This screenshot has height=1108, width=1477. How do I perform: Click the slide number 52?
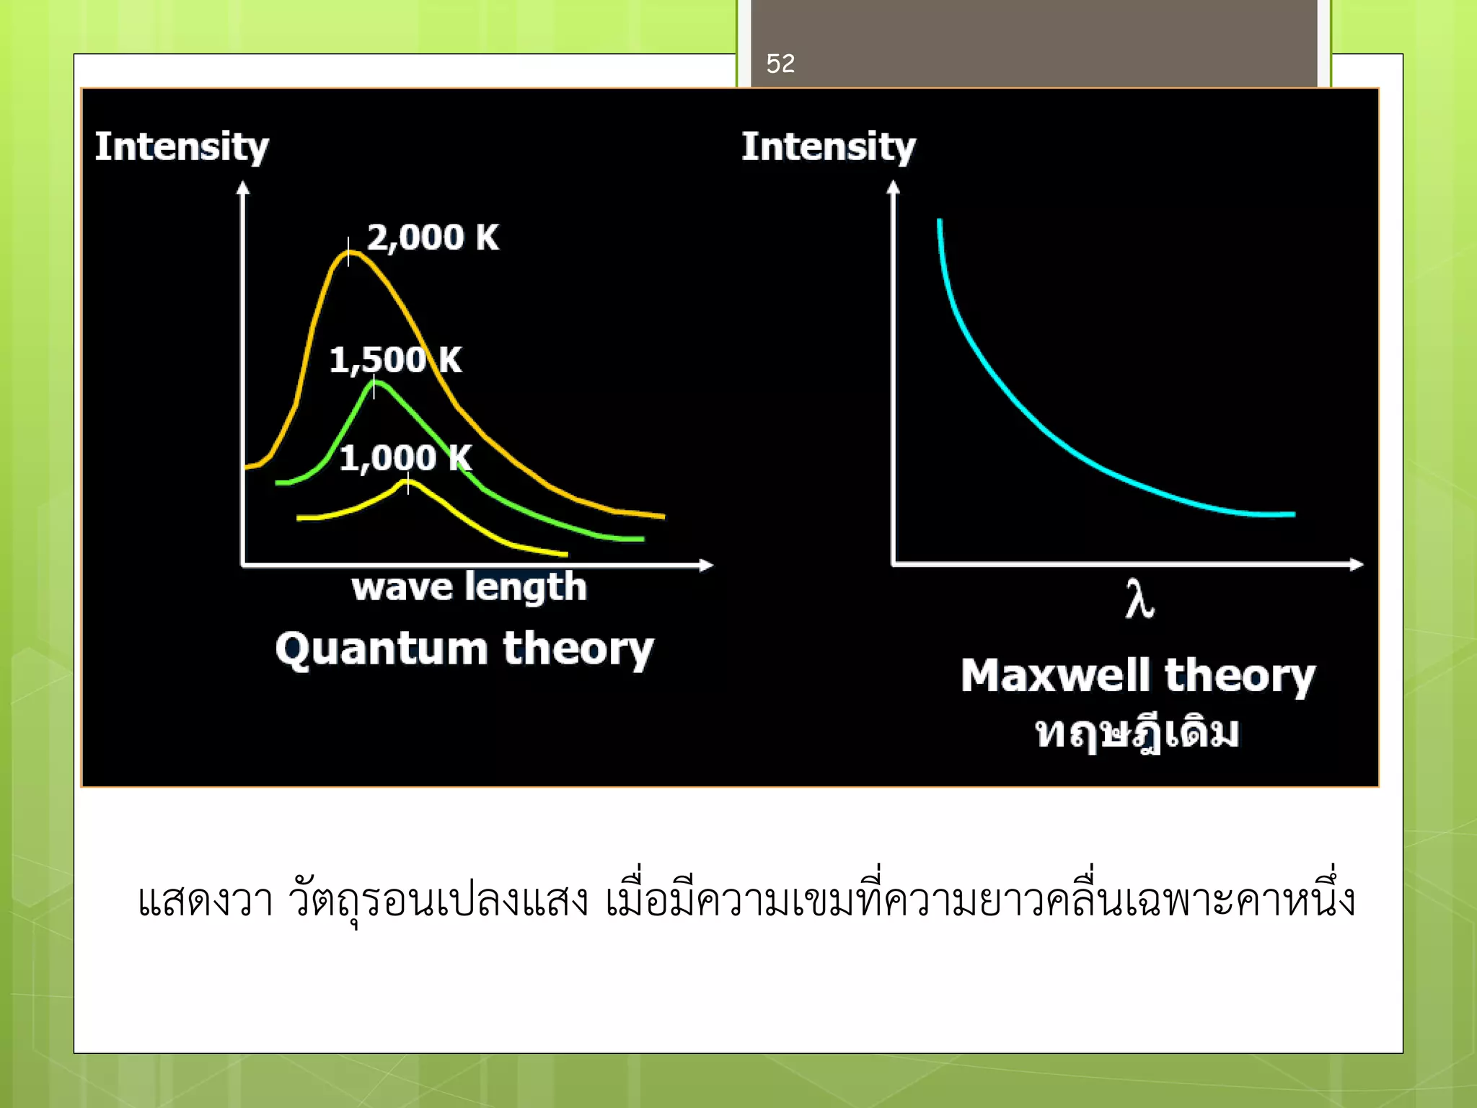coord(780,63)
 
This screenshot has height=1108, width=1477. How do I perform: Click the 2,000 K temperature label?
coord(433,237)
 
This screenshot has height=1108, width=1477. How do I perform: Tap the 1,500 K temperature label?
coord(395,359)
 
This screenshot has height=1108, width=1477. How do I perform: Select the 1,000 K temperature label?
coord(405,457)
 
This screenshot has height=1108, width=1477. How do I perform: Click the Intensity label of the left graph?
coord(182,147)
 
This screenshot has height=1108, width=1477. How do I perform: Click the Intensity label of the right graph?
coord(829,147)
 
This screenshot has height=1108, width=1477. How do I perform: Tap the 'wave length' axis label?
coord(469,586)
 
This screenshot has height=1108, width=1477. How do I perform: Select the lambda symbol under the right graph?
coord(1139,599)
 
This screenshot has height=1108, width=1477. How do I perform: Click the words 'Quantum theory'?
coord(464,648)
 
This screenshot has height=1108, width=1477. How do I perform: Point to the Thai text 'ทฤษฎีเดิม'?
coord(1137,733)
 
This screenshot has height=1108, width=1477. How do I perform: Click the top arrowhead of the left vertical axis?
coord(243,188)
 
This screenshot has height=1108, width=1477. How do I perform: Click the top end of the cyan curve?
coord(939,221)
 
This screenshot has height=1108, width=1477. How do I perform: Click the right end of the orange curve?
coord(662,516)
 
